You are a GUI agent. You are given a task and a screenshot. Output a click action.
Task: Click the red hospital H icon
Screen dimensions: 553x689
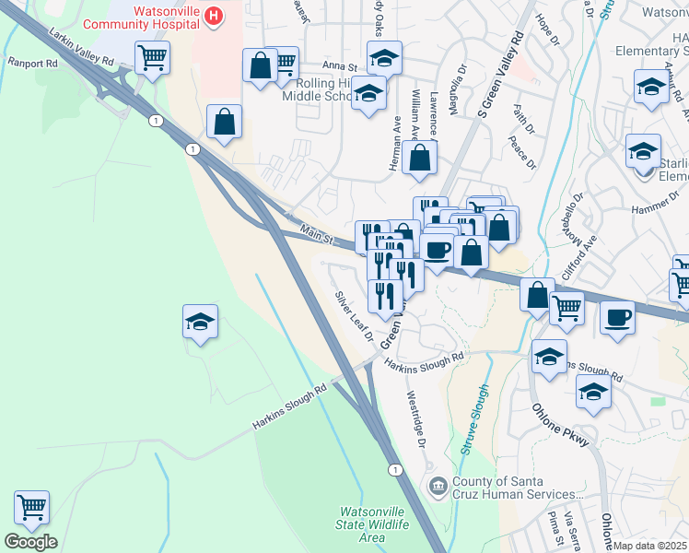pyautogui.click(x=214, y=16)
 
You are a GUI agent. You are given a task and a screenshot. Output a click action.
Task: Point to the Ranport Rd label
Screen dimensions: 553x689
pyautogui.click(x=32, y=65)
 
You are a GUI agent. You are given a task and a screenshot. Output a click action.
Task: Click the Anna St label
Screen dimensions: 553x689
pyautogui.click(x=339, y=66)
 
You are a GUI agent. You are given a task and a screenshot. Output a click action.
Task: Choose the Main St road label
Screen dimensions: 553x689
pyautogui.click(x=315, y=231)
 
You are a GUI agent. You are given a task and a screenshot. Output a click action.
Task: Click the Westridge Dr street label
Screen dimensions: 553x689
pyautogui.click(x=416, y=418)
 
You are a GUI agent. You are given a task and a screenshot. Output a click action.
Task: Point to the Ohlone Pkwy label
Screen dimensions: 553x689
pyautogui.click(x=560, y=429)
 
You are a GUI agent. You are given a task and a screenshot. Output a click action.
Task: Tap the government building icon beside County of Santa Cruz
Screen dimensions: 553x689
pyautogui.click(x=438, y=485)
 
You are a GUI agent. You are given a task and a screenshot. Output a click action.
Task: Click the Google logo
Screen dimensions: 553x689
pyautogui.click(x=30, y=542)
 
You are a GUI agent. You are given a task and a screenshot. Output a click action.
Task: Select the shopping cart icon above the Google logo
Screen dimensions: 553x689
pyautogui.click(x=31, y=506)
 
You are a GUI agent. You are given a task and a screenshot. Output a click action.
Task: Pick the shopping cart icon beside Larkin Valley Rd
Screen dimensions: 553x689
pyautogui.click(x=151, y=57)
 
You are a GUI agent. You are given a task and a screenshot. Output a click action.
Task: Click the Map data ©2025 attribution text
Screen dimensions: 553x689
pyautogui.click(x=650, y=546)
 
